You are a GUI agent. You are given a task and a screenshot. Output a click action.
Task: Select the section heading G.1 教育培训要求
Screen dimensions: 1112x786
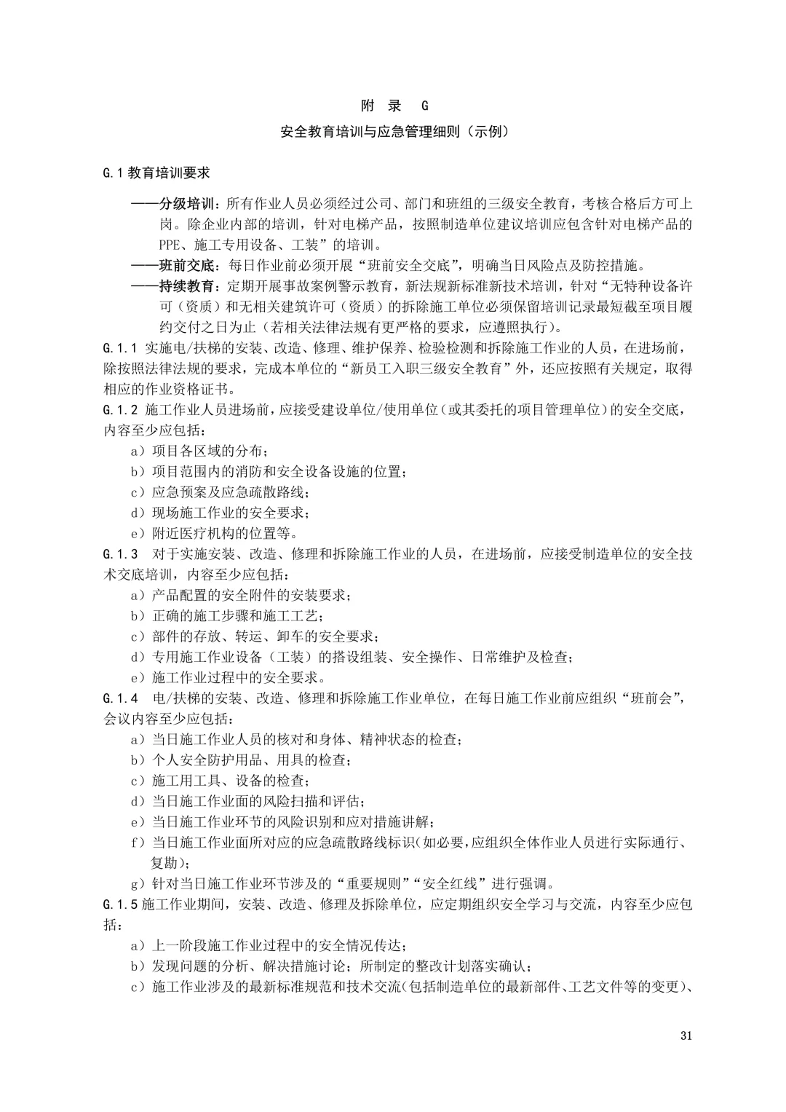[156, 173]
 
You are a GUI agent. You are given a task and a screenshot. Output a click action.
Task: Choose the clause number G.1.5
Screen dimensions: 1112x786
[121, 905]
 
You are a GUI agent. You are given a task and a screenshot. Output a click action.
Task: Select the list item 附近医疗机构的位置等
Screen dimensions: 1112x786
[221, 533]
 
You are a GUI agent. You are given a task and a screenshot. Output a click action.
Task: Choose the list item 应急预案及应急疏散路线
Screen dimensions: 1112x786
[229, 492]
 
